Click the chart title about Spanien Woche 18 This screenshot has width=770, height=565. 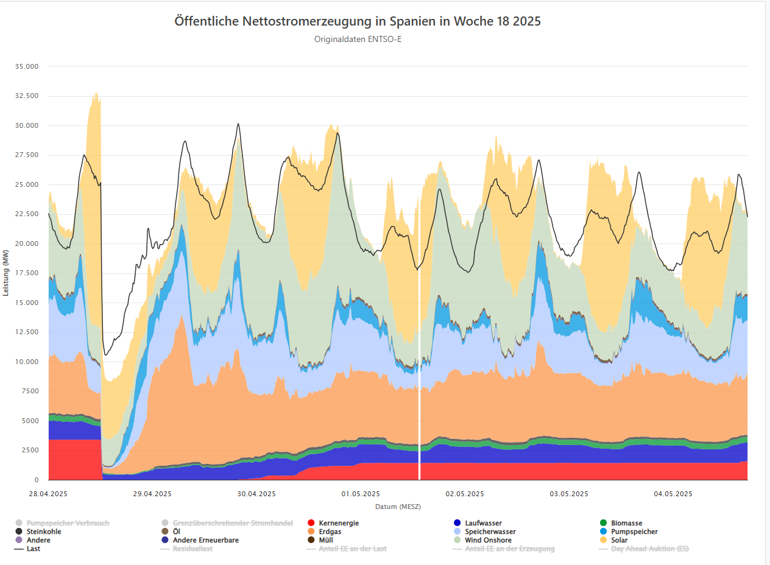click(x=358, y=21)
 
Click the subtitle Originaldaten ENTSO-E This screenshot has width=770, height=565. click(x=358, y=40)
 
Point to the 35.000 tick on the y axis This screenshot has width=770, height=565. click(x=26, y=66)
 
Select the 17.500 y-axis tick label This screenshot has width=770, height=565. click(x=26, y=273)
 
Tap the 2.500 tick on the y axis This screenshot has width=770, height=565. click(x=28, y=451)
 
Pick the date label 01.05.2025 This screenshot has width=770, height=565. click(x=361, y=494)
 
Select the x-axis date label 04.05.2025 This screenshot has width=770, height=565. click(x=673, y=494)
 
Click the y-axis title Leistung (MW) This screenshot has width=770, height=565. click(x=6, y=273)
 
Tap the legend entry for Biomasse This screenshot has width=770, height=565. click(x=627, y=523)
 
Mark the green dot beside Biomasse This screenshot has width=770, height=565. click(x=603, y=523)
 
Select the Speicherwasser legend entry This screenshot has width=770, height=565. click(x=490, y=532)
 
